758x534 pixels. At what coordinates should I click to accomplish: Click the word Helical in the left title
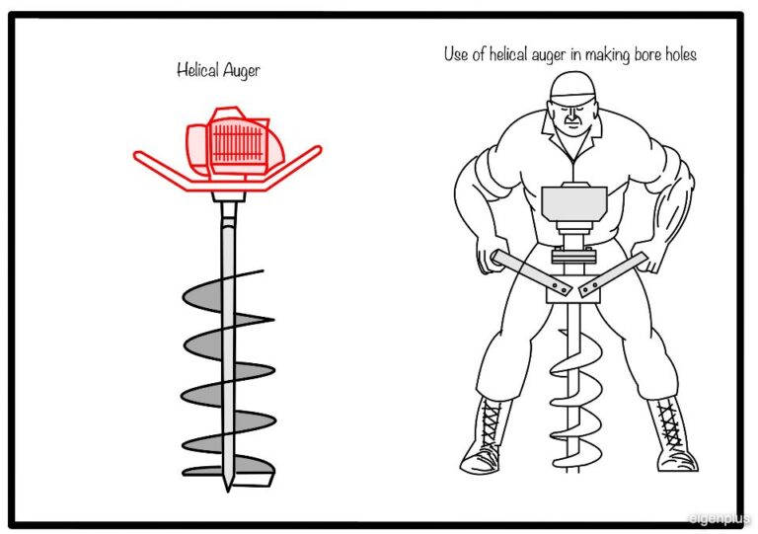(196, 70)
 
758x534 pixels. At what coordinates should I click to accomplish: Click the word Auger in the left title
(241, 72)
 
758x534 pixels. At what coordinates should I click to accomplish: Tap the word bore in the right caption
(647, 54)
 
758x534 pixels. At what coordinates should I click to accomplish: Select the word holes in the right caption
(681, 54)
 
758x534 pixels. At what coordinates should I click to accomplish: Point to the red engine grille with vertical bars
(237, 143)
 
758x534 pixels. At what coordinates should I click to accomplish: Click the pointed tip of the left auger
(228, 490)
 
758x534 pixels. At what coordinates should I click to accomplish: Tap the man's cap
(572, 88)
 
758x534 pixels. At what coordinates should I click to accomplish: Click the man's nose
(572, 117)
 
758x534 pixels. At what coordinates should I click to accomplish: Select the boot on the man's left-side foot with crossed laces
(673, 435)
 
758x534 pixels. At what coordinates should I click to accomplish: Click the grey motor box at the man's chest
(573, 203)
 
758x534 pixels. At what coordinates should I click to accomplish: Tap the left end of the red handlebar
(137, 155)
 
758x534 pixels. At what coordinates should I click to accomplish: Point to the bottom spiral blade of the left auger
(228, 470)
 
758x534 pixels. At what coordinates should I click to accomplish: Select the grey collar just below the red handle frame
(229, 196)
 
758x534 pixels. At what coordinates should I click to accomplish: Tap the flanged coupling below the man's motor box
(573, 255)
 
